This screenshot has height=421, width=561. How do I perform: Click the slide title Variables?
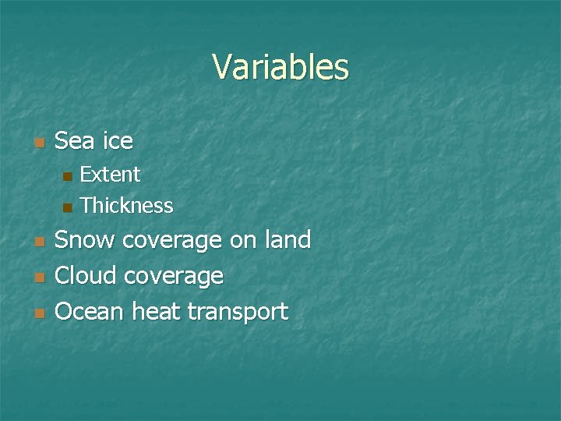click(280, 67)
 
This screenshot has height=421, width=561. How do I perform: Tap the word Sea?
click(76, 141)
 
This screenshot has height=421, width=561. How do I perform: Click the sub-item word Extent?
click(110, 174)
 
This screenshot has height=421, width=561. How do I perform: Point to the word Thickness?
click(126, 206)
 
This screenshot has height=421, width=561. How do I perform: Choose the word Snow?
click(86, 239)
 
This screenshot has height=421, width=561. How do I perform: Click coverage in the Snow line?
click(173, 241)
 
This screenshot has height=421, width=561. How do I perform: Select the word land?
click(287, 239)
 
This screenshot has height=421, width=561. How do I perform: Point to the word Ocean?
click(90, 312)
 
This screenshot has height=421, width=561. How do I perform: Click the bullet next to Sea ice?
click(38, 143)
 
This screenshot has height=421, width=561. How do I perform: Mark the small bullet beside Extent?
click(67, 175)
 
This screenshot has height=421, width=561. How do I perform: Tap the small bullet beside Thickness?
click(67, 207)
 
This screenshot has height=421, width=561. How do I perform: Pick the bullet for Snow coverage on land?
click(38, 242)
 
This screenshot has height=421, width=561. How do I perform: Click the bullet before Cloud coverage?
click(38, 278)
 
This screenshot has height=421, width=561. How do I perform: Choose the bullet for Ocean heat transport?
click(38, 314)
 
